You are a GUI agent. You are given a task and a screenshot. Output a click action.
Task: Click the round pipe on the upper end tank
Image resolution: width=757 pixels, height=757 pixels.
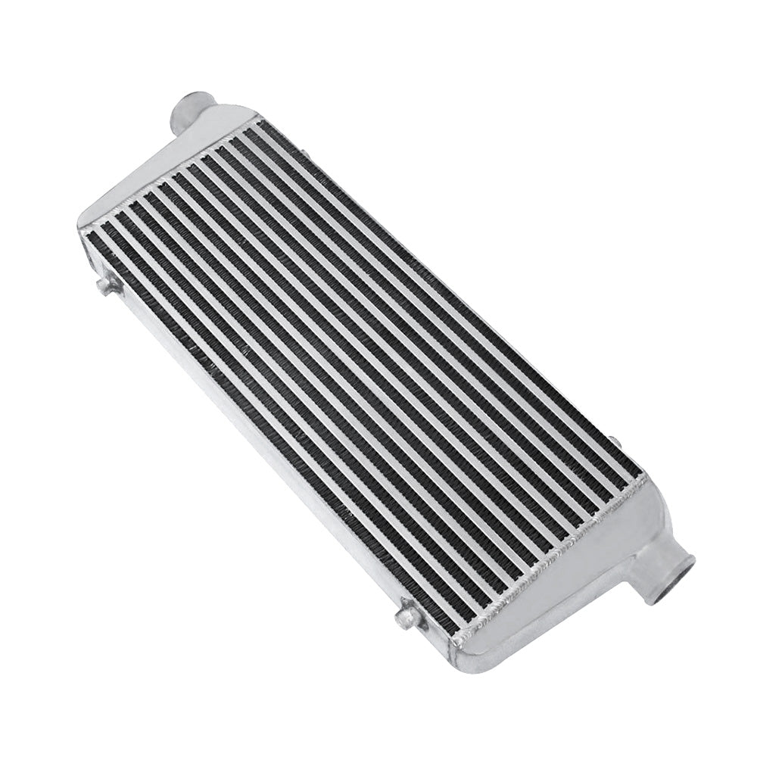186,114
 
